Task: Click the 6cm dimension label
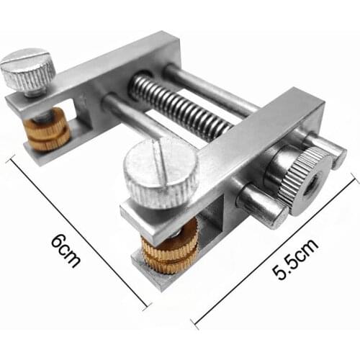tap(67, 251)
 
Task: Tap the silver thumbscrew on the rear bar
tap(27, 68)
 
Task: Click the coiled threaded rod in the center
tap(180, 108)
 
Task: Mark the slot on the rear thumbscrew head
tap(27, 62)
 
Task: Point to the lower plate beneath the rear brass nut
tap(43, 148)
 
